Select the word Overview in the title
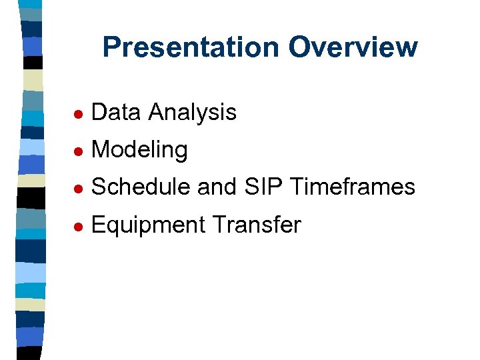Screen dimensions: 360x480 [353, 47]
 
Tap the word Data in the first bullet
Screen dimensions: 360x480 [117, 112]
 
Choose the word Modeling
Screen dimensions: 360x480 [139, 150]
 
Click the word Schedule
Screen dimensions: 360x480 [141, 187]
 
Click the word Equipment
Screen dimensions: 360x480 [147, 225]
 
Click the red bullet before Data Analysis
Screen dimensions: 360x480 [78, 113]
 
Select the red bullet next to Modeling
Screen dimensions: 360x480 [78, 151]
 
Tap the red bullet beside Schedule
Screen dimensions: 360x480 [78, 189]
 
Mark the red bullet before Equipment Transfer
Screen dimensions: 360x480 [78, 226]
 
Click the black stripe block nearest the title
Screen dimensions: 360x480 [33, 62]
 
